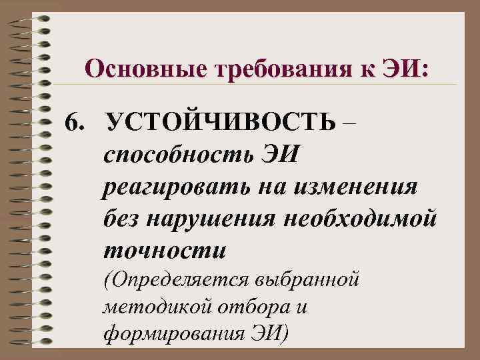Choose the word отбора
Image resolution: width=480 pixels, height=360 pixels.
point(241,307)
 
